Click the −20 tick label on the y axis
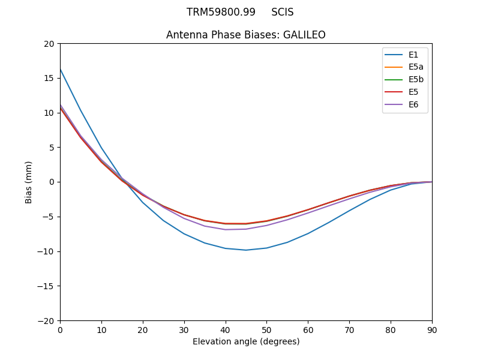tap(47, 321)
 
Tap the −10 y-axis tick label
tap(47, 251)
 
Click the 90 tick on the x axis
tap(432, 330)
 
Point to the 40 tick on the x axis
tap(226, 330)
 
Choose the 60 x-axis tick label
tap(308, 330)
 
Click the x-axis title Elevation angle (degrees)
tap(246, 342)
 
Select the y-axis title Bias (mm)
tap(29, 182)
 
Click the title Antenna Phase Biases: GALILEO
tap(246, 35)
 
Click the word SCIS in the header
tap(282, 13)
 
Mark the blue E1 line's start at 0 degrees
tap(61, 70)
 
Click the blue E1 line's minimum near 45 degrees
tap(246, 250)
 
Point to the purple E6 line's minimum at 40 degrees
tap(226, 229)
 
